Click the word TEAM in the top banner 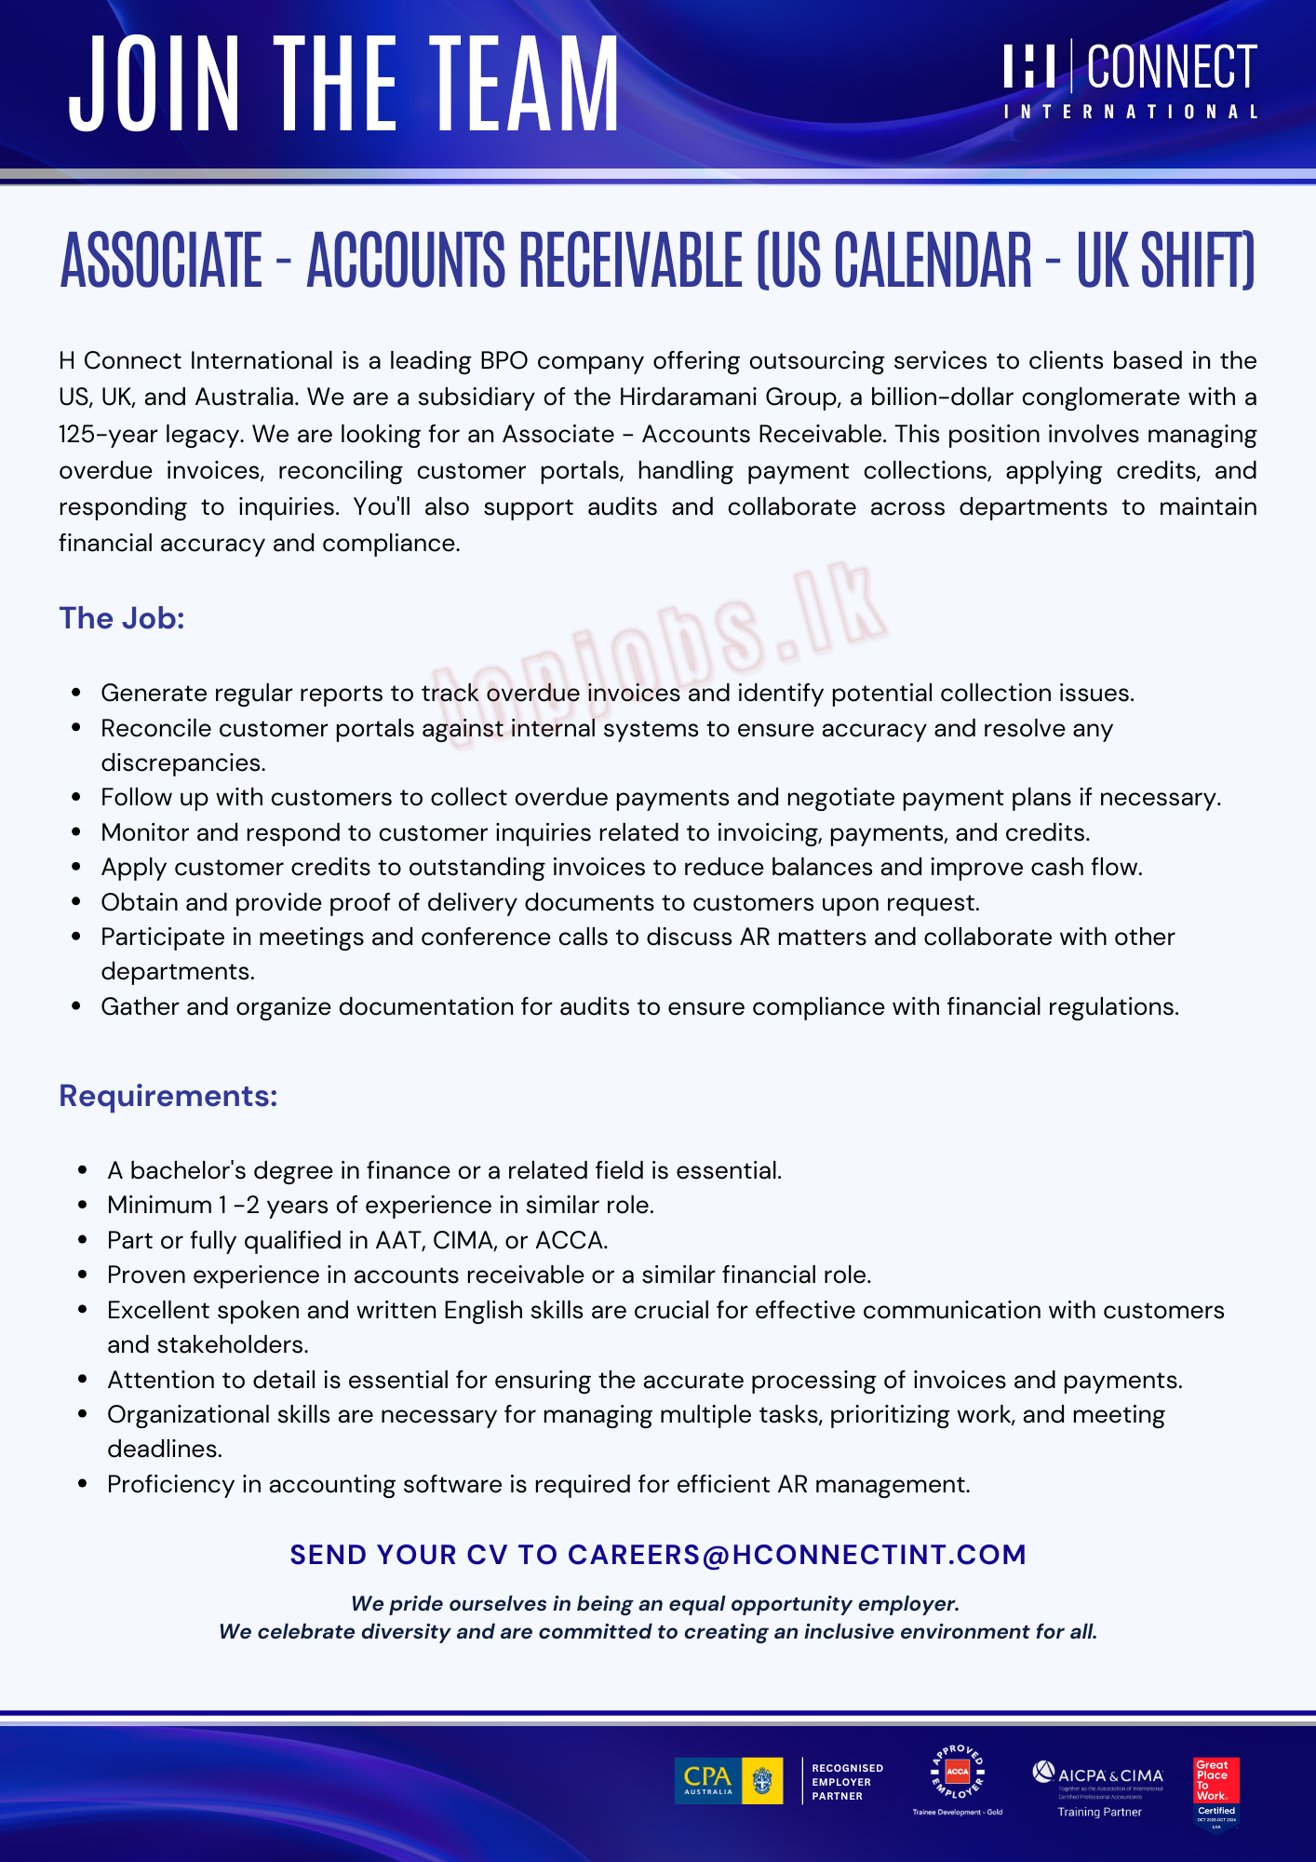coord(525,84)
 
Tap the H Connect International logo coord(1130,80)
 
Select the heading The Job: coord(122,618)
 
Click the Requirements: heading coord(168,1096)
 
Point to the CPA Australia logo coord(729,1781)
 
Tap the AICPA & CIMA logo coord(1099,1782)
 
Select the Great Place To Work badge coord(1216,1792)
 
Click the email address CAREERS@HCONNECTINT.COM coord(797,1555)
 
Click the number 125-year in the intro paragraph coord(108,434)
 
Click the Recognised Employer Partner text coord(847,1782)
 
